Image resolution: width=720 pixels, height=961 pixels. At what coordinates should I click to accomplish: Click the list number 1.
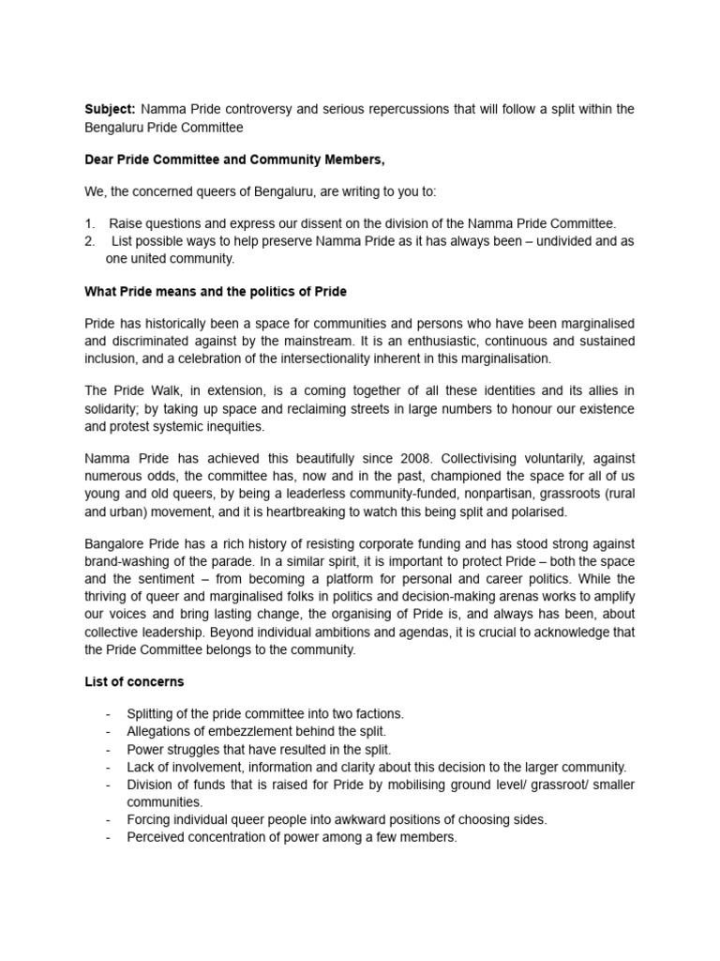(x=89, y=223)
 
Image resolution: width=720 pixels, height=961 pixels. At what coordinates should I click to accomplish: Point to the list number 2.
(x=89, y=241)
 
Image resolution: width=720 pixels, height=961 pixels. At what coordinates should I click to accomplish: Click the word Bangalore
(x=114, y=544)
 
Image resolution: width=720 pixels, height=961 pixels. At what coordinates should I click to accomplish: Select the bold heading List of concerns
(x=134, y=680)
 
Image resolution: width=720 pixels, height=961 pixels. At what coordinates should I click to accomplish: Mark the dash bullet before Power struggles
(x=109, y=749)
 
